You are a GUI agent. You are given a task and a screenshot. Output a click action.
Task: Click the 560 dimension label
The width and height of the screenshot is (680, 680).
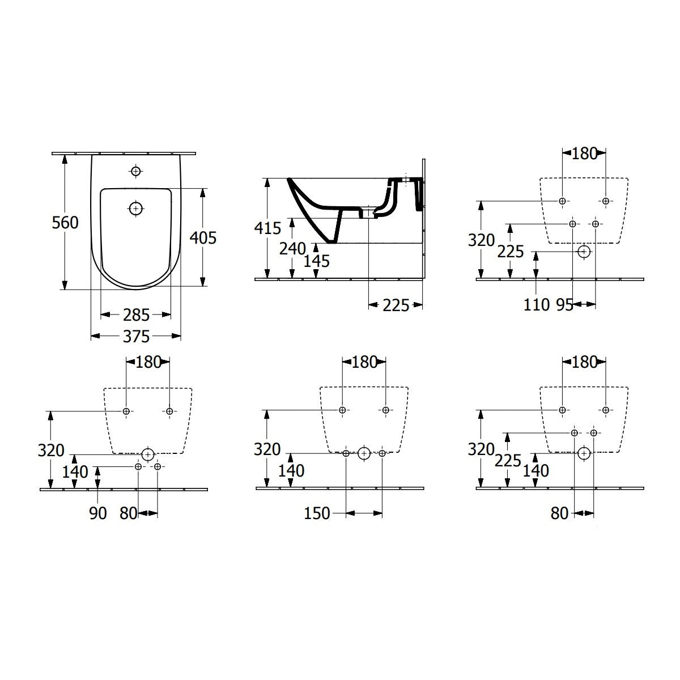65,223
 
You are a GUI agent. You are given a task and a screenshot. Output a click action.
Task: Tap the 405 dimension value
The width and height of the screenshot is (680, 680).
203,238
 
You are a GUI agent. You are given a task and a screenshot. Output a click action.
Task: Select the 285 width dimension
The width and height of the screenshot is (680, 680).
136,314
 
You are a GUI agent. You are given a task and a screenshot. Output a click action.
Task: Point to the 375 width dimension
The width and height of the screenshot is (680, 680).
136,336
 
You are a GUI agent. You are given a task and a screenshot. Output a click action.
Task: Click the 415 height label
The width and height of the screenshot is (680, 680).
267,228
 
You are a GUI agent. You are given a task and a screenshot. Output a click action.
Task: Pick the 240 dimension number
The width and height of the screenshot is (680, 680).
292,249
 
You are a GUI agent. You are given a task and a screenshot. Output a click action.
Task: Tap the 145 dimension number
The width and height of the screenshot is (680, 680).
317,261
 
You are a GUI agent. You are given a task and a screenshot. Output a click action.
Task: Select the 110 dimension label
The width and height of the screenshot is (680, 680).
537,304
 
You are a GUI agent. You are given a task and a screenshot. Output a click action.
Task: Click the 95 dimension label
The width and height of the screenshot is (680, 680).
564,305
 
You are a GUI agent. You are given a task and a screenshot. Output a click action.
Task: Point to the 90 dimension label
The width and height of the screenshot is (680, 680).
97,513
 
